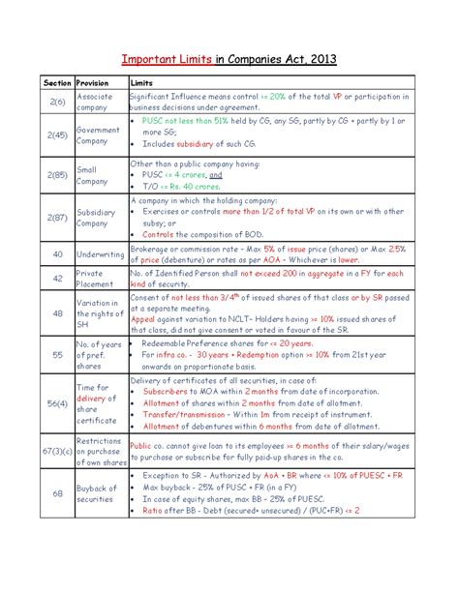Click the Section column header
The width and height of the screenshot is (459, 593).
point(56,83)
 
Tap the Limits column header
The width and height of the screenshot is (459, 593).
point(143,83)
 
